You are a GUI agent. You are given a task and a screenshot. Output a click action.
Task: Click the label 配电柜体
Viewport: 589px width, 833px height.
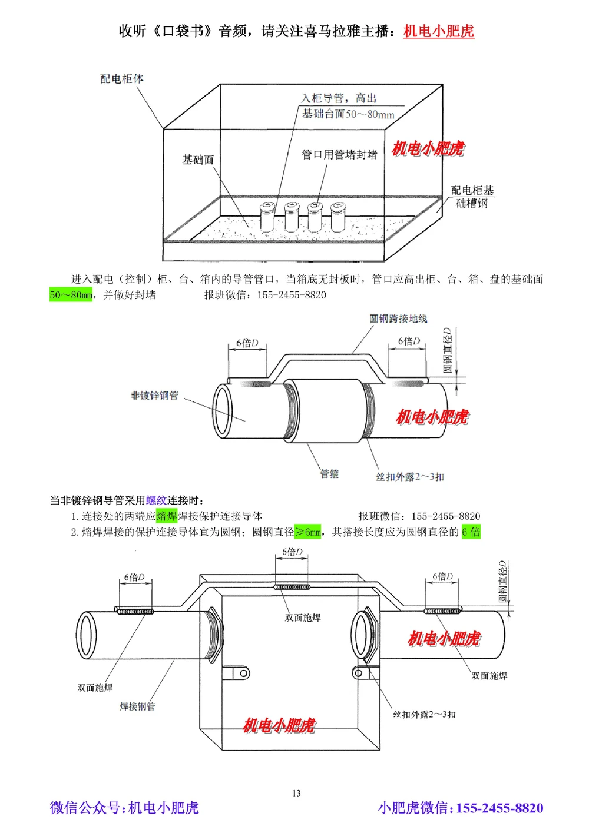(x=121, y=79)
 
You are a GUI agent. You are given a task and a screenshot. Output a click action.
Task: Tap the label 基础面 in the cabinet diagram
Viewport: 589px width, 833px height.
(x=198, y=160)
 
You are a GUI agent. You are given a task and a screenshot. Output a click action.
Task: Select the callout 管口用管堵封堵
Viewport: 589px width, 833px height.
(x=339, y=154)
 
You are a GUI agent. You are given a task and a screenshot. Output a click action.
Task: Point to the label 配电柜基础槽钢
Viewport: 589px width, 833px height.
(x=472, y=197)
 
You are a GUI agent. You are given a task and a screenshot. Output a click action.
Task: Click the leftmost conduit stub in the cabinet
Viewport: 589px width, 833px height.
(x=267, y=217)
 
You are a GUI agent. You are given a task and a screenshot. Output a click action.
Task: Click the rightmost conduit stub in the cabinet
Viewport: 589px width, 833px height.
(x=337, y=217)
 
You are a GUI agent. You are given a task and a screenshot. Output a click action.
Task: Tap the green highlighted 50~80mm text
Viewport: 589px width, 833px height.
(x=71, y=295)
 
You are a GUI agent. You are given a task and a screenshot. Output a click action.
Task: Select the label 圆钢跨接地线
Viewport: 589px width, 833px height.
(x=398, y=318)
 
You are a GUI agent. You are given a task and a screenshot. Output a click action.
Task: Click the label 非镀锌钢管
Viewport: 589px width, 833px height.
(x=154, y=396)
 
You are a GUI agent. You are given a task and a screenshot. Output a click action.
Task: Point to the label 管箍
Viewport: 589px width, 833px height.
(x=329, y=473)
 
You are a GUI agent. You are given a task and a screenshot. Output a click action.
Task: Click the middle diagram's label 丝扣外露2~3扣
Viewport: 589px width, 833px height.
(x=410, y=476)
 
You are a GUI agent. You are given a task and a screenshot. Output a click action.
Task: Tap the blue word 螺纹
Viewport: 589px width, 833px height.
(x=156, y=500)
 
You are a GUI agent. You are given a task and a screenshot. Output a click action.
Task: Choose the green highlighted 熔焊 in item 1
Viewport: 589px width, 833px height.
(x=167, y=516)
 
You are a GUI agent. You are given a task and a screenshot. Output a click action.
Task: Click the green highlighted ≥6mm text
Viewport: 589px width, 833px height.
(x=307, y=532)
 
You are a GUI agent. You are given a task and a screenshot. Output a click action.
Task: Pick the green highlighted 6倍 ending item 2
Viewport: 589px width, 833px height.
(x=471, y=532)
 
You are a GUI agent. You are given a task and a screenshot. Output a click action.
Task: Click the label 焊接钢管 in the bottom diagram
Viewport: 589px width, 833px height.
(x=137, y=706)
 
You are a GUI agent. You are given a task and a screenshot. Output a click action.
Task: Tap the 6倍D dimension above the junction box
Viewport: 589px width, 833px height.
(x=292, y=552)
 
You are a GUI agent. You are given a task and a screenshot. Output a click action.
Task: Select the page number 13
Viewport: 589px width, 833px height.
(x=296, y=793)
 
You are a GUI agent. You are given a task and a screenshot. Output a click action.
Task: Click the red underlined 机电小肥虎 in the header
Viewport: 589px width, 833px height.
(x=438, y=31)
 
